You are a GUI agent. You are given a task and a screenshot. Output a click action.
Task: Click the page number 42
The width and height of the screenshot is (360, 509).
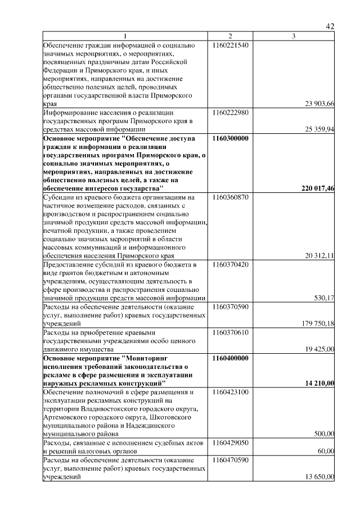[330, 26]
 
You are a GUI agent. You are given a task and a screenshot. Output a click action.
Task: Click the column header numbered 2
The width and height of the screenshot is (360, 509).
[230, 37]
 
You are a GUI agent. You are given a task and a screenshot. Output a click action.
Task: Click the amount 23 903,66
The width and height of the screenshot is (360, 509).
[319, 103]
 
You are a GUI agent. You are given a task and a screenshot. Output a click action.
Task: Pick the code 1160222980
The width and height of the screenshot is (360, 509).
[231, 112]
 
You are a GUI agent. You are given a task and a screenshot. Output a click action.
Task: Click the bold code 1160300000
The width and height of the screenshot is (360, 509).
[231, 138]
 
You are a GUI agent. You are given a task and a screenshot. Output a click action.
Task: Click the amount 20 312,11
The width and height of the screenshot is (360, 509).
[319, 255]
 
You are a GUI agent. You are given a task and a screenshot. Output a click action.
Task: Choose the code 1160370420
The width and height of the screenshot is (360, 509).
[231, 264]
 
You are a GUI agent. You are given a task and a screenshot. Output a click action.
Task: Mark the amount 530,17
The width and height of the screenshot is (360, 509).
[324, 298]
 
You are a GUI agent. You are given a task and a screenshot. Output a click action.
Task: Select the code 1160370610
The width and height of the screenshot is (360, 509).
[231, 332]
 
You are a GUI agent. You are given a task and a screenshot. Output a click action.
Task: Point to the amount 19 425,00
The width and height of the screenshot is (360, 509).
[319, 349]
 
